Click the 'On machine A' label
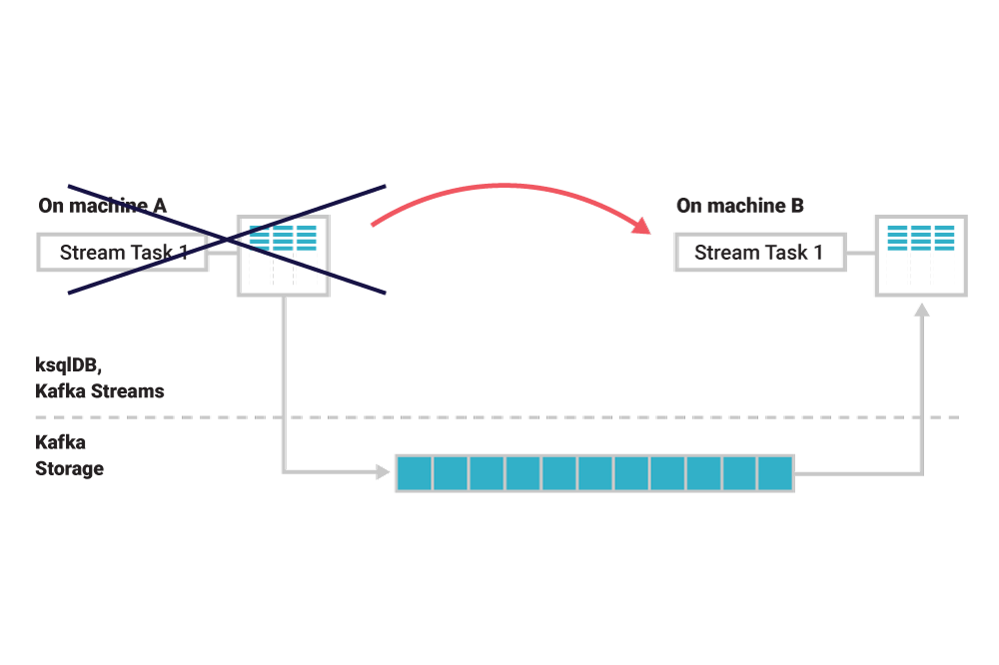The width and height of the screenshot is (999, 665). tap(102, 206)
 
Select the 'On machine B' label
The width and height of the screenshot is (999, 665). tap(740, 206)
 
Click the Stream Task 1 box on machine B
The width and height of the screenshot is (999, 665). tap(759, 253)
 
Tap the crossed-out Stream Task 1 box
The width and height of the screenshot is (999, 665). tap(123, 253)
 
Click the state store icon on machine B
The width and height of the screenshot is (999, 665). tap(921, 255)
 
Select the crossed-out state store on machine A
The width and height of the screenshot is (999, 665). tap(283, 255)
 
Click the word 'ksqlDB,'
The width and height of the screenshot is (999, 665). tap(67, 365)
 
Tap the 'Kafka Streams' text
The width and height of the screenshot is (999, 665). tap(99, 390)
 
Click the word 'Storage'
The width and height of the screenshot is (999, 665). tap(69, 467)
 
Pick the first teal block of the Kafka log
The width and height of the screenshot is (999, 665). tap(414, 472)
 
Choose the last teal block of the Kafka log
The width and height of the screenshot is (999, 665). tap(774, 472)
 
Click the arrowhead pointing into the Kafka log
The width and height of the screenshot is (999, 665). tap(383, 472)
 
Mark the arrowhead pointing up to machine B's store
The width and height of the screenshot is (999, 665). tap(922, 312)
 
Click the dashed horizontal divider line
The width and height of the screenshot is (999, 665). tap(499, 416)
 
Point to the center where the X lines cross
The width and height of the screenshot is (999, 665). tap(226, 240)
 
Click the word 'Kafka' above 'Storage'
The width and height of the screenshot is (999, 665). tap(60, 442)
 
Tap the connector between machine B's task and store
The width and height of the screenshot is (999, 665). tap(862, 254)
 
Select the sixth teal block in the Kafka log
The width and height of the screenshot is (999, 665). tap(594, 472)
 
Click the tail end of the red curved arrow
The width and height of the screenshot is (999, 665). tap(374, 224)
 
